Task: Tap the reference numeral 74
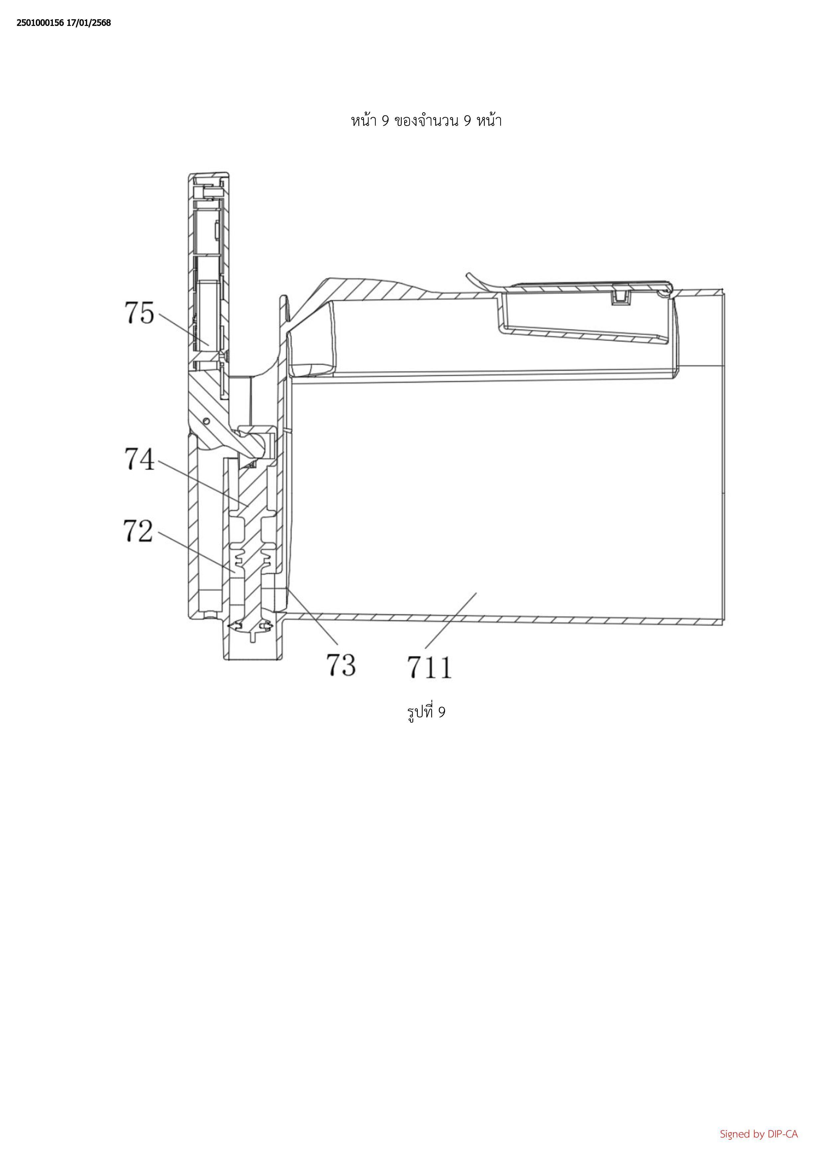pos(139,460)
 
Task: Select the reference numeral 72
pos(138,531)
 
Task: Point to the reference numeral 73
pos(340,665)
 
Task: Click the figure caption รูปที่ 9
pos(426,712)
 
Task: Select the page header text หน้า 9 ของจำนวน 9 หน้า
pos(426,121)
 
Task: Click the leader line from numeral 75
pos(184,329)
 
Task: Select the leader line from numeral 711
pos(451,620)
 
